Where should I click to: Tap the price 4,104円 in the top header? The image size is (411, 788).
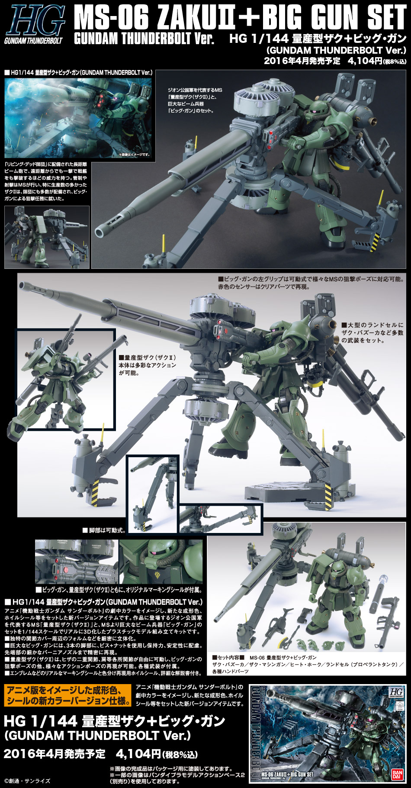pos(365,61)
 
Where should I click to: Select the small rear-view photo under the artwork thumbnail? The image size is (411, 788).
pos(47,237)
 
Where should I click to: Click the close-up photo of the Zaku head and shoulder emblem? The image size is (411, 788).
pos(161,561)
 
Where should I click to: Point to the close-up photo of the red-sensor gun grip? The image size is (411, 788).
pos(77,561)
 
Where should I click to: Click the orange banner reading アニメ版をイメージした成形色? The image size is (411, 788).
pos(67,695)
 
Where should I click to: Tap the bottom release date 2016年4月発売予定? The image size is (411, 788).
pos(55,753)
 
